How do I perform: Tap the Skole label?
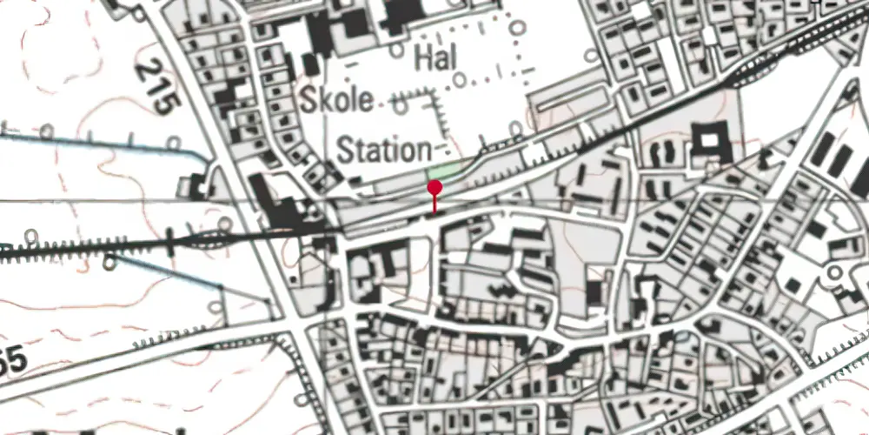click(x=337, y=99)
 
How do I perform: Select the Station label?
click(x=383, y=150)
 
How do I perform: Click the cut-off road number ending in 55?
click(x=12, y=358)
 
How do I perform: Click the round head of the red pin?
click(x=434, y=187)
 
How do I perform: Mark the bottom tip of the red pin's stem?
click(x=434, y=212)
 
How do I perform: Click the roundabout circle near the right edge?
click(x=837, y=273)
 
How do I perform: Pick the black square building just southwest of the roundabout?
click(x=793, y=285)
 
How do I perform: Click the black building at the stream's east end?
click(x=193, y=184)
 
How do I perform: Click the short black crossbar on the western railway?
click(x=170, y=244)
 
